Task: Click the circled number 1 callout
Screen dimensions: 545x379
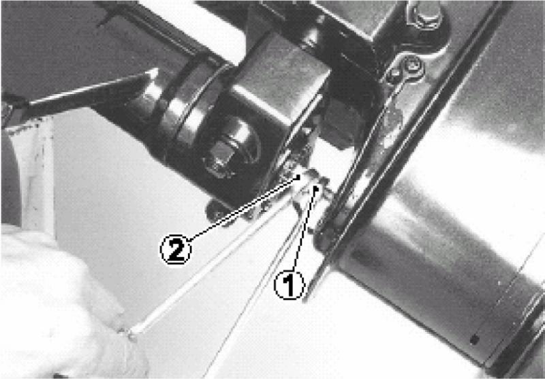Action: tap(290, 285)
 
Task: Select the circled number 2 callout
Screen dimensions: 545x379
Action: tap(176, 249)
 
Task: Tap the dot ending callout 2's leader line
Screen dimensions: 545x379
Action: tap(298, 177)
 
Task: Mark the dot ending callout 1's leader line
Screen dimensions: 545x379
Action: tap(316, 188)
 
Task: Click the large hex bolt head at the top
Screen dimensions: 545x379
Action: tap(424, 14)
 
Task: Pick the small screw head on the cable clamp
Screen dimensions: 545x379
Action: tap(413, 66)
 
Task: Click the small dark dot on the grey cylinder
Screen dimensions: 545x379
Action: tap(474, 339)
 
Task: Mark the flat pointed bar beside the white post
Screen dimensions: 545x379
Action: tap(91, 93)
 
